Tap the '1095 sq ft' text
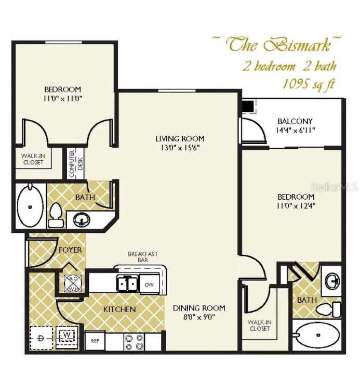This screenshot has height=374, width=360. click(308, 84)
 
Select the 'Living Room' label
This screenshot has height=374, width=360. click(180, 138)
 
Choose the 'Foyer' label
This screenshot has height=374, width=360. click(70, 250)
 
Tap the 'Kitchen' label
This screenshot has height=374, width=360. click(119, 309)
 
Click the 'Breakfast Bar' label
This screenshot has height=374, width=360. click(143, 256)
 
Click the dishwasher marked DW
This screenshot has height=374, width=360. click(149, 284)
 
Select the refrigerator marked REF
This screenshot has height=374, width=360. click(95, 341)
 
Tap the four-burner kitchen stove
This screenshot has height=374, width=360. click(134, 341)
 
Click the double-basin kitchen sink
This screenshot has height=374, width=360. click(127, 283)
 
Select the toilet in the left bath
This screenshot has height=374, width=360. click(56, 214)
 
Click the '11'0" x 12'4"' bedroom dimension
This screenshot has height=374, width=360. click(296, 205)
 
